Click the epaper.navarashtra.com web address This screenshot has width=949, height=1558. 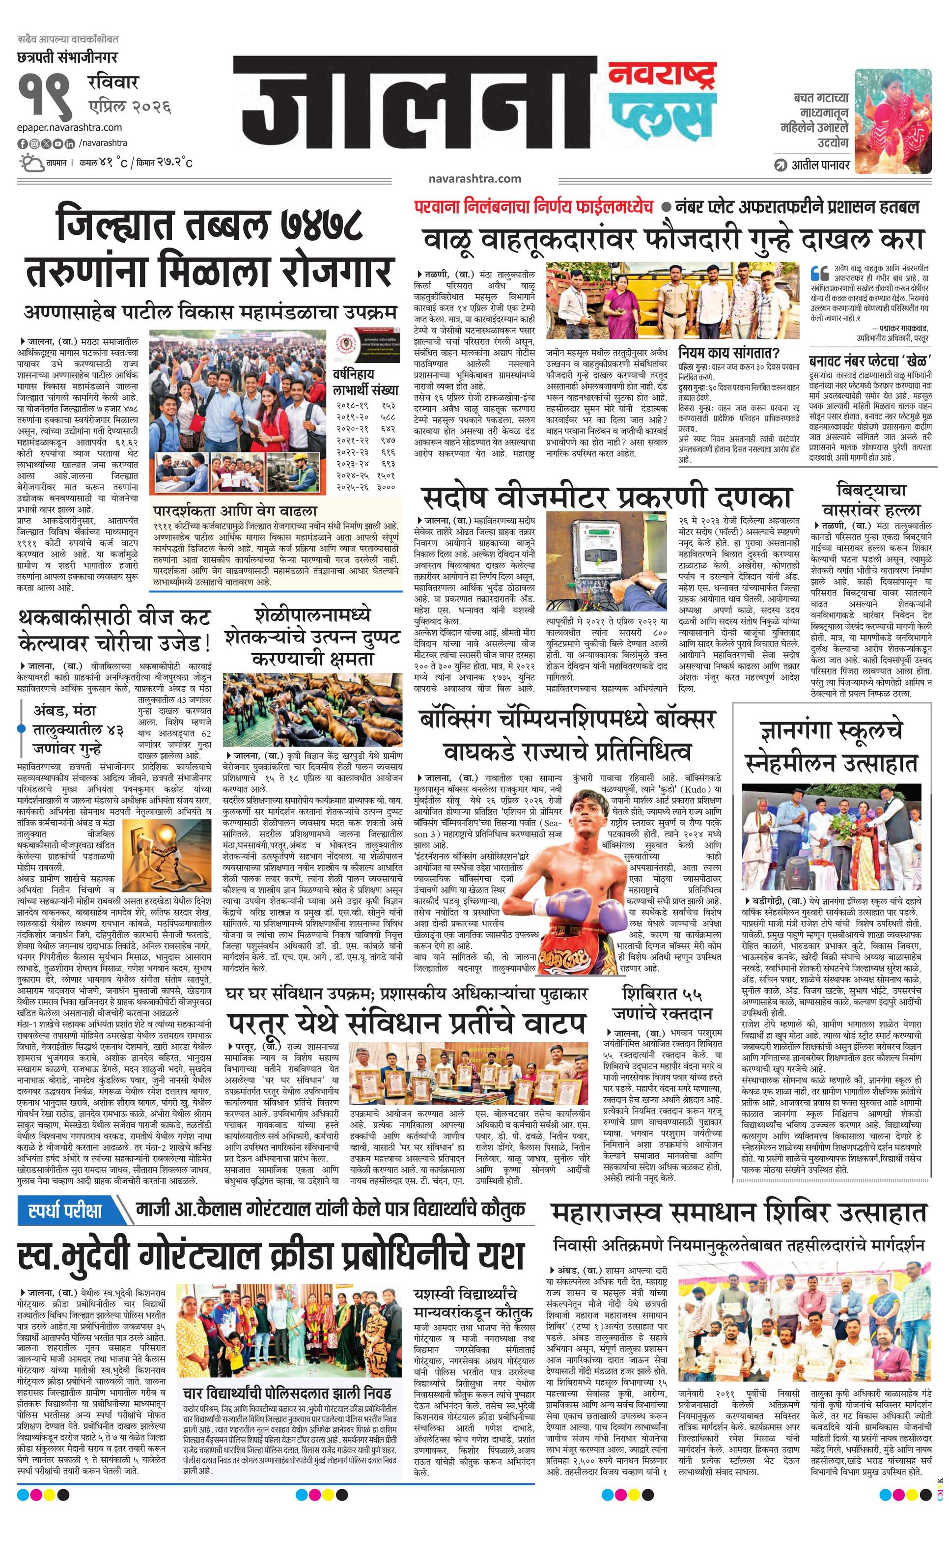pos(70,127)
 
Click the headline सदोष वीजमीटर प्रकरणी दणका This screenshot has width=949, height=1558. pos(606,497)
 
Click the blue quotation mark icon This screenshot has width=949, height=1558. pos(819,273)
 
